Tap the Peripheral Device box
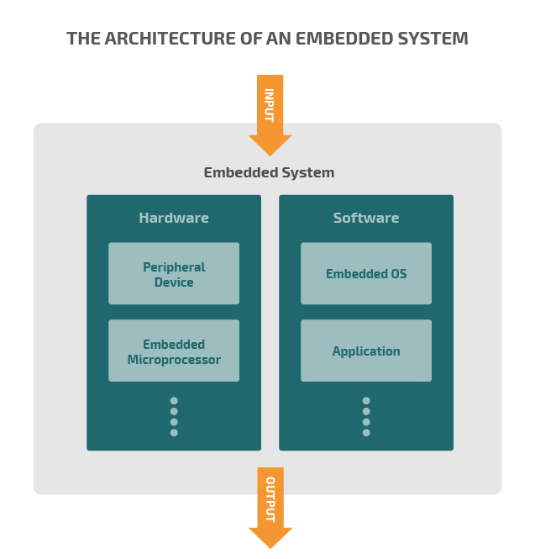click(174, 274)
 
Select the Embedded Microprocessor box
click(174, 351)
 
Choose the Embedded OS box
click(366, 274)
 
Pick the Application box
click(366, 351)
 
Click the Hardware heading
click(174, 219)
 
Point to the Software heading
click(366, 219)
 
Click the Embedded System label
click(269, 173)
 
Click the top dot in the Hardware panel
click(174, 401)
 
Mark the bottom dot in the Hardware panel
click(174, 433)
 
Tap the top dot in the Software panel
click(366, 401)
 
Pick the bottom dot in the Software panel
click(366, 433)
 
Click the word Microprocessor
click(174, 360)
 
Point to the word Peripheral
click(174, 267)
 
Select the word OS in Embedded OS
click(397, 274)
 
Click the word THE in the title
click(83, 39)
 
